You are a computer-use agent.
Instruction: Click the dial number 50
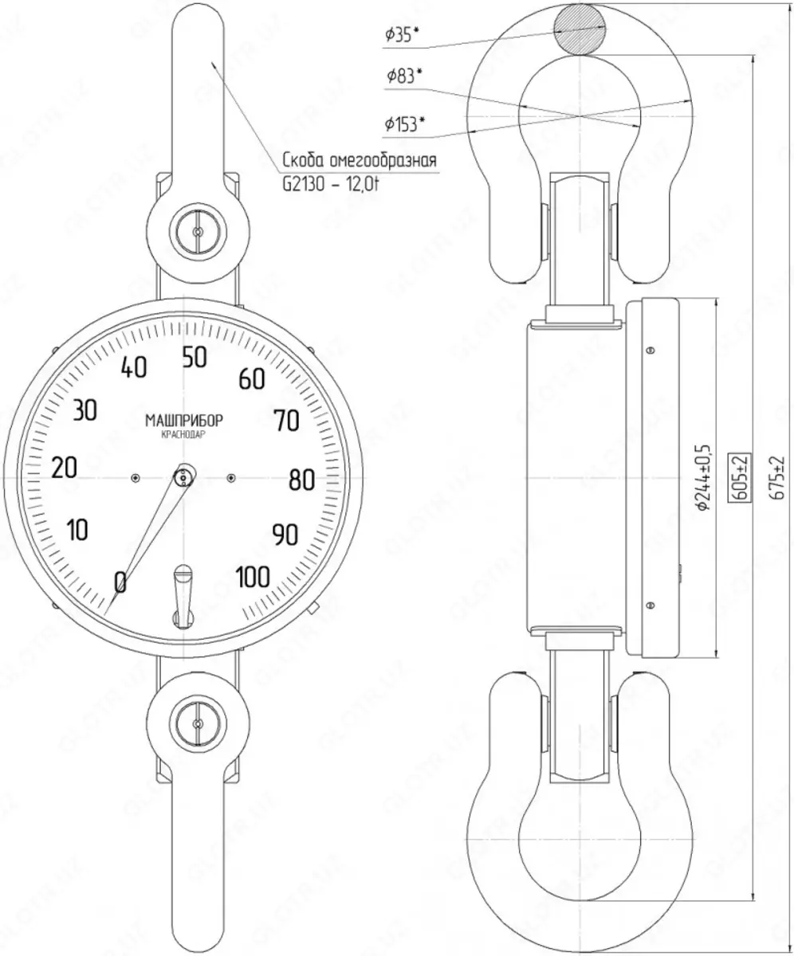pyautogui.click(x=195, y=358)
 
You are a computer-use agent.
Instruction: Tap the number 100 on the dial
pyautogui.click(x=253, y=577)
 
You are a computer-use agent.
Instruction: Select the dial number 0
pyautogui.click(x=120, y=582)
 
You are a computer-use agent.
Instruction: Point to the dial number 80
pyautogui.click(x=301, y=480)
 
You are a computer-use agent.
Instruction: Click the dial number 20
pyautogui.click(x=64, y=468)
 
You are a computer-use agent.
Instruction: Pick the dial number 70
pyautogui.click(x=286, y=421)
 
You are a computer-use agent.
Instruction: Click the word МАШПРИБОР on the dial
pyautogui.click(x=184, y=421)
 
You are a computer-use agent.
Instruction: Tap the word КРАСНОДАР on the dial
pyautogui.click(x=183, y=435)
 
